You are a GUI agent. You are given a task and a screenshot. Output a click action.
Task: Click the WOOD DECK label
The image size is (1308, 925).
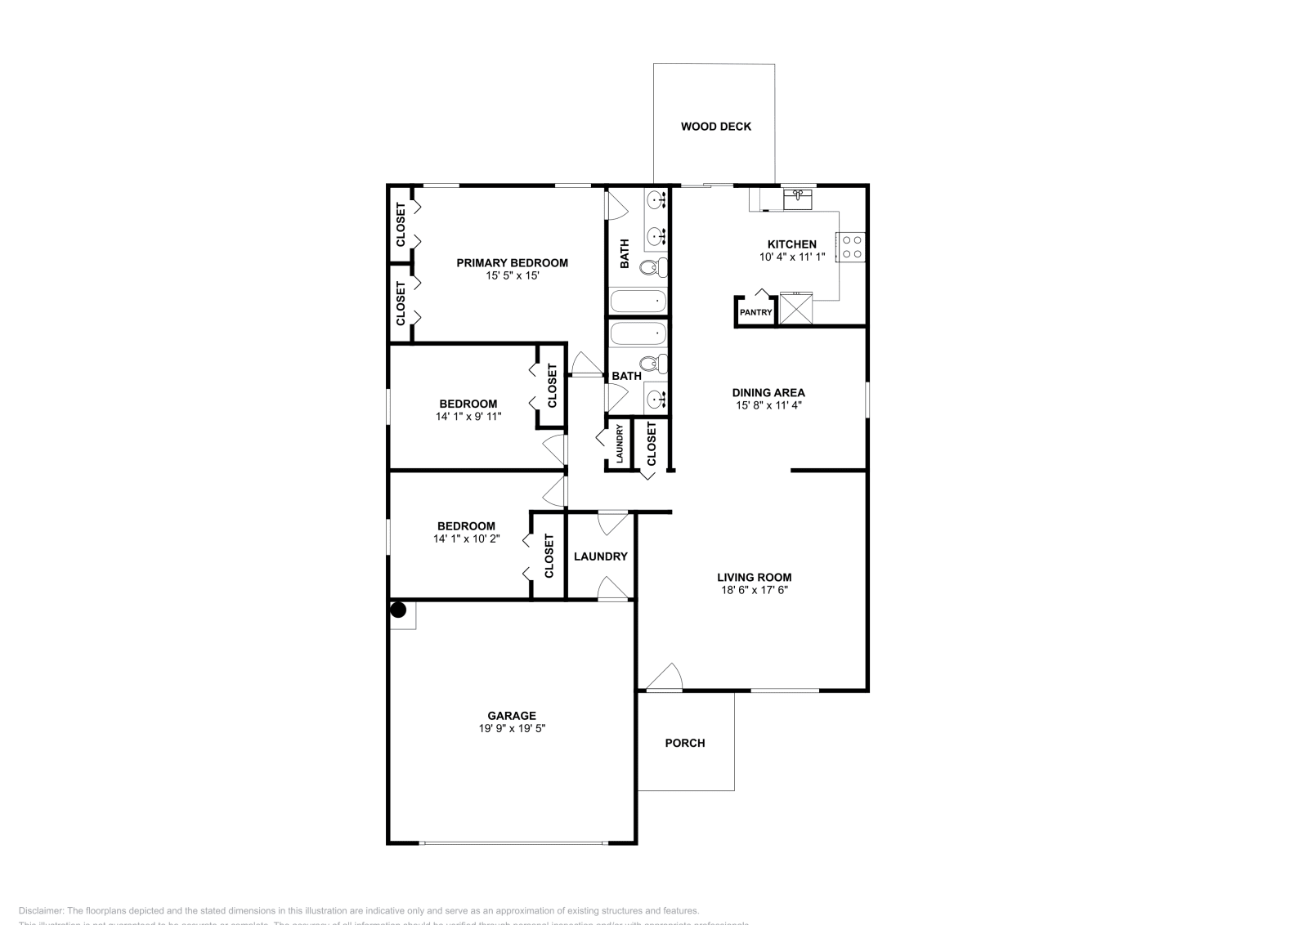coord(715,127)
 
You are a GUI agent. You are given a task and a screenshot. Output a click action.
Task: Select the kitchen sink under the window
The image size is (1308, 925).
coord(797,199)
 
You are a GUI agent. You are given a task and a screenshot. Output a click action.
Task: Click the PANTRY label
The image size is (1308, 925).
coord(755,312)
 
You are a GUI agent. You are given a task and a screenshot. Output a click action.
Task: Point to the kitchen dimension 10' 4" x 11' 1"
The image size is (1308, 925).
coord(791,257)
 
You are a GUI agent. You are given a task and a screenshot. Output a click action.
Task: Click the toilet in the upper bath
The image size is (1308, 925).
coord(652,266)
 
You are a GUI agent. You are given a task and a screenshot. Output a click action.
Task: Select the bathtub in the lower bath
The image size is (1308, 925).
coord(638,333)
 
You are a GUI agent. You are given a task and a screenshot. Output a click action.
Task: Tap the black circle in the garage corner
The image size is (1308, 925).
coord(398,610)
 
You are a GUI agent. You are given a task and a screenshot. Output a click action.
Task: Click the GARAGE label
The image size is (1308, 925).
coord(512,716)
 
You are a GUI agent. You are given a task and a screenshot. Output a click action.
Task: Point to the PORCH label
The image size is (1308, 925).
coord(684,743)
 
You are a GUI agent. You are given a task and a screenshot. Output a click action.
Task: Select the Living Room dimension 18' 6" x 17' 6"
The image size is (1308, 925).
coord(754,589)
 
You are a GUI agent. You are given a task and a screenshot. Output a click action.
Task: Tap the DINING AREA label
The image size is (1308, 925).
coord(768,392)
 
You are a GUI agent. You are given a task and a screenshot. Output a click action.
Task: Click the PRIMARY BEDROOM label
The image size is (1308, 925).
coord(512,263)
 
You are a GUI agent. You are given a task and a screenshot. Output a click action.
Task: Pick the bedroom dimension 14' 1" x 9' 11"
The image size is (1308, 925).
coord(468,416)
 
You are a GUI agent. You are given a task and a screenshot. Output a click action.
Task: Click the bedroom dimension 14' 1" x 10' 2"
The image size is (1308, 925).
coord(466,538)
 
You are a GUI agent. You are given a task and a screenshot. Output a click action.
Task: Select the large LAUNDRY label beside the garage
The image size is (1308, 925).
coord(600,556)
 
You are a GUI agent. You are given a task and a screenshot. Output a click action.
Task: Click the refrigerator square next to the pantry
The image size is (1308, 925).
coord(795,309)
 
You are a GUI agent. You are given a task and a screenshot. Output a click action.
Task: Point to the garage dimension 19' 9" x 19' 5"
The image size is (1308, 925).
coord(512,728)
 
